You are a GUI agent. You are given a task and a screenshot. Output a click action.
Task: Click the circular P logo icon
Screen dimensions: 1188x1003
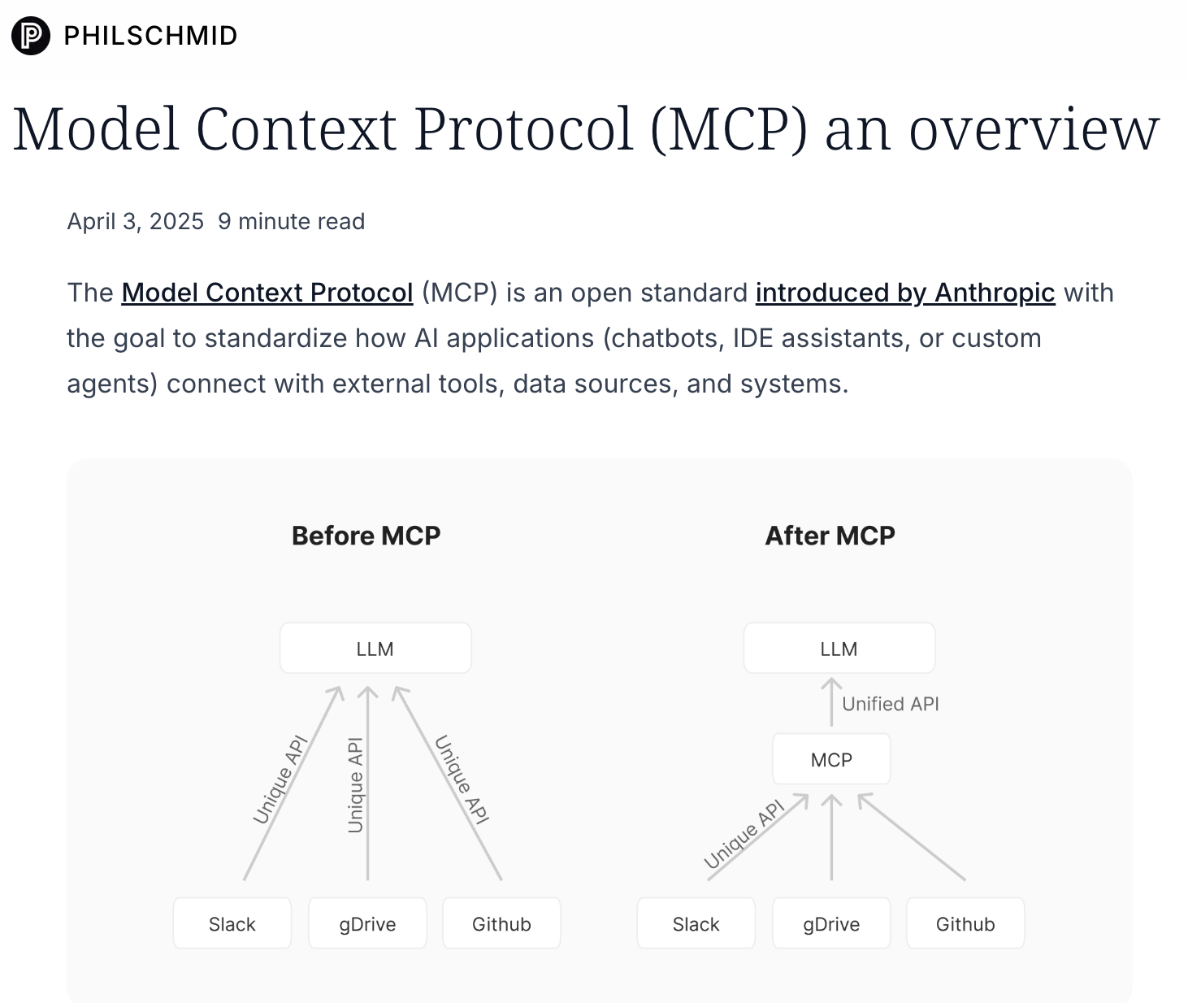pos(31,35)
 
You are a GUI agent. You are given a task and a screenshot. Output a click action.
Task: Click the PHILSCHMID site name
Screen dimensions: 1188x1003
pos(151,36)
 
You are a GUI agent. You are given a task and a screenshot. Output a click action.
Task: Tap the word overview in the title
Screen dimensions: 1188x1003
pos(1034,129)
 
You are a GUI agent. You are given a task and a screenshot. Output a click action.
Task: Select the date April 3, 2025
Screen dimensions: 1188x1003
pos(136,221)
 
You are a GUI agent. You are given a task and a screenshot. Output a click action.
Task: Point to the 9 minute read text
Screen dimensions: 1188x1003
pos(291,221)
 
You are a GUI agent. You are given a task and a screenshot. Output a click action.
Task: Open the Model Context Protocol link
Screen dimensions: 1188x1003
pos(267,293)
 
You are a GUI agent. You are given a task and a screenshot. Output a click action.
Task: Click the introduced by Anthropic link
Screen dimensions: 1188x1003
pos(905,293)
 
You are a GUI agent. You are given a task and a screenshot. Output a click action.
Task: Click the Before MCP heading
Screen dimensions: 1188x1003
pos(366,536)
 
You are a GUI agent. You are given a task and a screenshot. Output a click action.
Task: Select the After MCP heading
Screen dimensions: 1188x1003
pos(830,536)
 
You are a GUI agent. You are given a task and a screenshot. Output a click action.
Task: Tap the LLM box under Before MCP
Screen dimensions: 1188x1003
pos(375,649)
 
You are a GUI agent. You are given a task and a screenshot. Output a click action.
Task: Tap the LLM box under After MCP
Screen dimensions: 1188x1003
pos(839,649)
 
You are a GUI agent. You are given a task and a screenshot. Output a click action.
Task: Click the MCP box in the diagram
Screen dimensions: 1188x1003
pos(831,759)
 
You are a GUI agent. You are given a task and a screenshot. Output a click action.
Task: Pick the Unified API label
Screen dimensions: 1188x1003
pos(891,704)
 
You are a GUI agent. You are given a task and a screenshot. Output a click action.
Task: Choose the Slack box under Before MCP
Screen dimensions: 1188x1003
pos(232,923)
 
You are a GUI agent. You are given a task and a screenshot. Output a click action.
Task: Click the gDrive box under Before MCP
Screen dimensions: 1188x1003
pos(367,923)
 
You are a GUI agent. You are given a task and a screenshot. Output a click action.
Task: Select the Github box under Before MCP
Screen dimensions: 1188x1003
pos(501,923)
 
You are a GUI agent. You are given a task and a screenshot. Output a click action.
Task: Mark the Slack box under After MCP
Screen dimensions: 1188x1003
pos(696,923)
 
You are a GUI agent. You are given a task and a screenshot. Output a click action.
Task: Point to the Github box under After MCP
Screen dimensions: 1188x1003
pos(965,923)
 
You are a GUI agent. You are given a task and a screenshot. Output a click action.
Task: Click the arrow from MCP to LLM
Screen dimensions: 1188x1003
pos(831,702)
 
